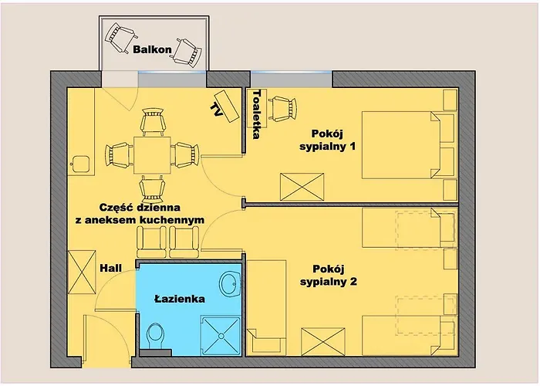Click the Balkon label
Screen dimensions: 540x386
(152, 49)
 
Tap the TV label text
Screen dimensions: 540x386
(216, 110)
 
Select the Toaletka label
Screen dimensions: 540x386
(257, 114)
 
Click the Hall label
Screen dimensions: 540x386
(110, 268)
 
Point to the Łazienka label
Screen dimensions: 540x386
(180, 299)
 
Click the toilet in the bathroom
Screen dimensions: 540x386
(155, 336)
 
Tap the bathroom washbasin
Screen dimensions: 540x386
(230, 284)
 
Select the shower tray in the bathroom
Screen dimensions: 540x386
(221, 336)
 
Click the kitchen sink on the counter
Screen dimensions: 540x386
(80, 164)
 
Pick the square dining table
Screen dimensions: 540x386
(152, 155)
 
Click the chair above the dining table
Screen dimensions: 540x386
(153, 122)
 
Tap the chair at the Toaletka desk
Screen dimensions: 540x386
(283, 109)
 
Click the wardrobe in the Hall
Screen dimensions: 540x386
(82, 272)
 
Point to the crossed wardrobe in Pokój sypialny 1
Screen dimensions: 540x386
(302, 187)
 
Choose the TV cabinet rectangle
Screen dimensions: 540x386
(227, 106)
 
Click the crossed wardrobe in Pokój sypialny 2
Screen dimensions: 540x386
(323, 341)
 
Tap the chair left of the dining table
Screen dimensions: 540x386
(119, 155)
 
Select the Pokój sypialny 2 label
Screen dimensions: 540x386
(328, 275)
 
